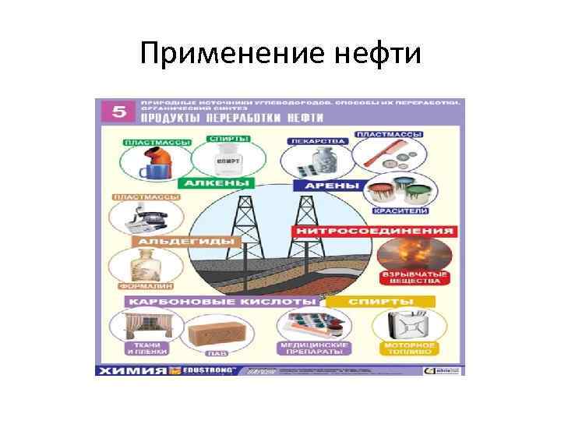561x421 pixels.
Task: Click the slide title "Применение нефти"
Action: [280, 54]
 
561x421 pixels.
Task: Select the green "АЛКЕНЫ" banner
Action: [217, 184]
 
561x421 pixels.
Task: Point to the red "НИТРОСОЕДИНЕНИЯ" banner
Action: [374, 232]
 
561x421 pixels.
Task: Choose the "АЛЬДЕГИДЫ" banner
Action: [187, 242]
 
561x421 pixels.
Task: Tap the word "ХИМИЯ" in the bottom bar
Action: [130, 370]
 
